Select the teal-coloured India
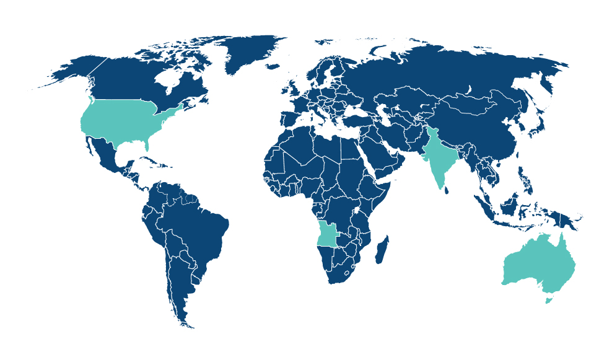point(439,155)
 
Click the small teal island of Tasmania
point(547,301)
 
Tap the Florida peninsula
point(148,144)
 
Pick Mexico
point(106,152)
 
